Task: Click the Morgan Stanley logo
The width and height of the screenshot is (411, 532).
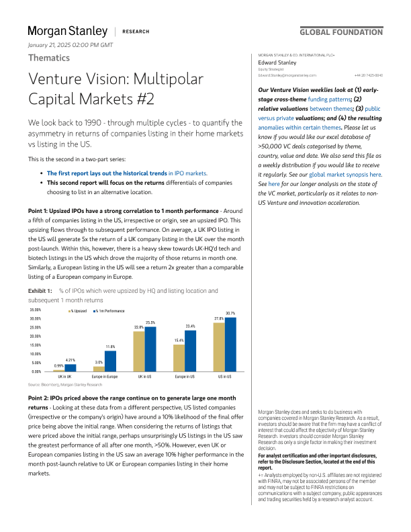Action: tap(67, 31)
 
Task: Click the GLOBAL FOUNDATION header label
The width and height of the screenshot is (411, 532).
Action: tap(341, 32)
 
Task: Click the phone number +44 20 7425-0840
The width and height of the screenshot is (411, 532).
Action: tap(369, 75)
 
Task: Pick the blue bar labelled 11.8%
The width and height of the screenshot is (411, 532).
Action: tap(110, 361)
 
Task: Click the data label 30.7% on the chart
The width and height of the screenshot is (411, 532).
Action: tap(230, 314)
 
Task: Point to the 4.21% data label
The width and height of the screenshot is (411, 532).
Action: tap(70, 361)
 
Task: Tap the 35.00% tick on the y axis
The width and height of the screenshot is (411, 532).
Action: tap(36, 310)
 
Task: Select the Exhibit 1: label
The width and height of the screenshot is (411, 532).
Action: tap(39, 290)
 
